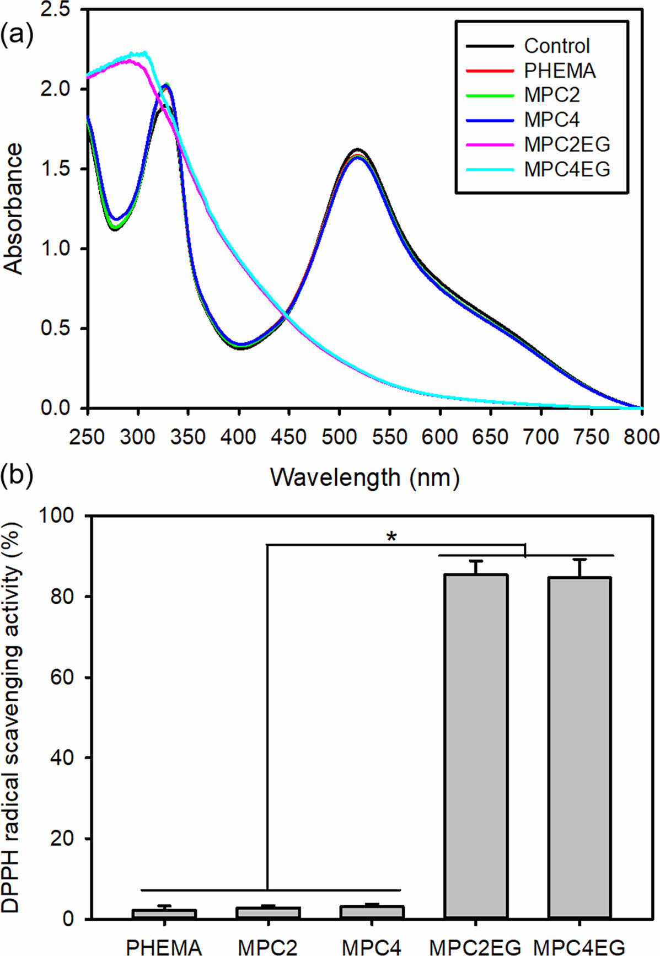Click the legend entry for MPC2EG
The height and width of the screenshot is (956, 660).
(567, 144)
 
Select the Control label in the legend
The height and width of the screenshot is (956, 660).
(556, 46)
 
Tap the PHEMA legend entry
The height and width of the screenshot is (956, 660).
(560, 71)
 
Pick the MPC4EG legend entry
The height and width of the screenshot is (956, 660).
(567, 169)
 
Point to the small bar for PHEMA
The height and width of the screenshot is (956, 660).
(164, 914)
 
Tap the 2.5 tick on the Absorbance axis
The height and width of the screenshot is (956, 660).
(59, 10)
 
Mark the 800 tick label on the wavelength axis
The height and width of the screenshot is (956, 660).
(641, 437)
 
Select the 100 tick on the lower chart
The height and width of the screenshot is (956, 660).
(57, 516)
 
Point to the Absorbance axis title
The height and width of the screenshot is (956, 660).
(13, 208)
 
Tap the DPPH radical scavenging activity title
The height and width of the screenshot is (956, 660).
(13, 717)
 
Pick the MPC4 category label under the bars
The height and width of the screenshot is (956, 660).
(372, 947)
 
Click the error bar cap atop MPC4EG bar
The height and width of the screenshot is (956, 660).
(579, 560)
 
